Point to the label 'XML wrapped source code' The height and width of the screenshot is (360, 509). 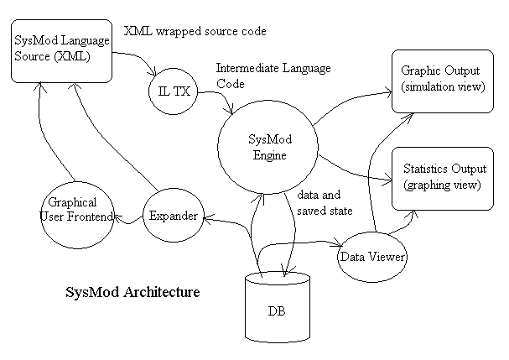[195, 32]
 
